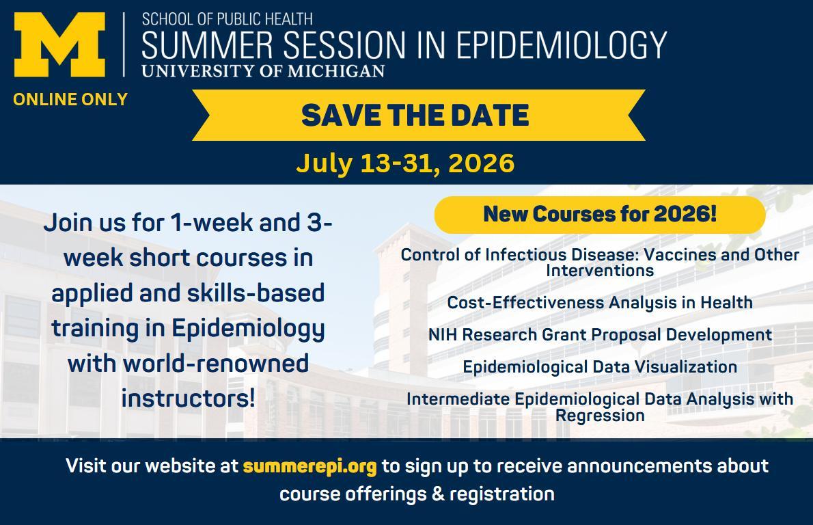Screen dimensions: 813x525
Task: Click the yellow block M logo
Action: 59,44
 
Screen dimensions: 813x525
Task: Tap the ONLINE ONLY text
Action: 70,99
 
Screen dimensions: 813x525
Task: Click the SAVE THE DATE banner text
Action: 415,115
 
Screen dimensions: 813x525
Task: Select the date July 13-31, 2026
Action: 405,163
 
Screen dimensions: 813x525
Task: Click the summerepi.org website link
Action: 310,466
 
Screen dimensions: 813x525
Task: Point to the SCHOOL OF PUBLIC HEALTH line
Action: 227,19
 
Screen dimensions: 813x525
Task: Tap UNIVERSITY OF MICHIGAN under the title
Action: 264,70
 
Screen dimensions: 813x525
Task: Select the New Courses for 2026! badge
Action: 600,214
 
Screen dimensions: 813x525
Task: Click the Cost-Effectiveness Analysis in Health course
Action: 600,302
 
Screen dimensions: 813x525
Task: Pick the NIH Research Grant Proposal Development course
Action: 600,334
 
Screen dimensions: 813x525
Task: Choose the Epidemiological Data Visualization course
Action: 600,367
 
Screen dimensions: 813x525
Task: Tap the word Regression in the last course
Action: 600,416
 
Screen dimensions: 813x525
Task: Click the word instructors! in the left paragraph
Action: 188,399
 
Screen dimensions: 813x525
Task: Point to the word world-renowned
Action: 216,363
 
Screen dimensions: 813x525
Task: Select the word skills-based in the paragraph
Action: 256,293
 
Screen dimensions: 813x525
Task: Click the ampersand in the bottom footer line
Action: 438,494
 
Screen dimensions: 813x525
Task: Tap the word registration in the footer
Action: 502,494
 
